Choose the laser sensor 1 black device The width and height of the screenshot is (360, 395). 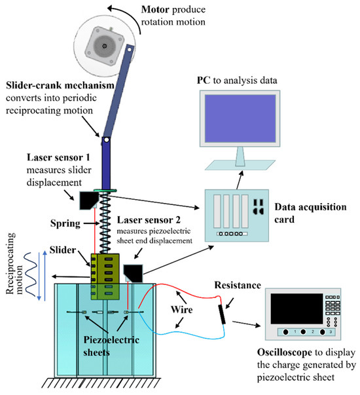(84, 199)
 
